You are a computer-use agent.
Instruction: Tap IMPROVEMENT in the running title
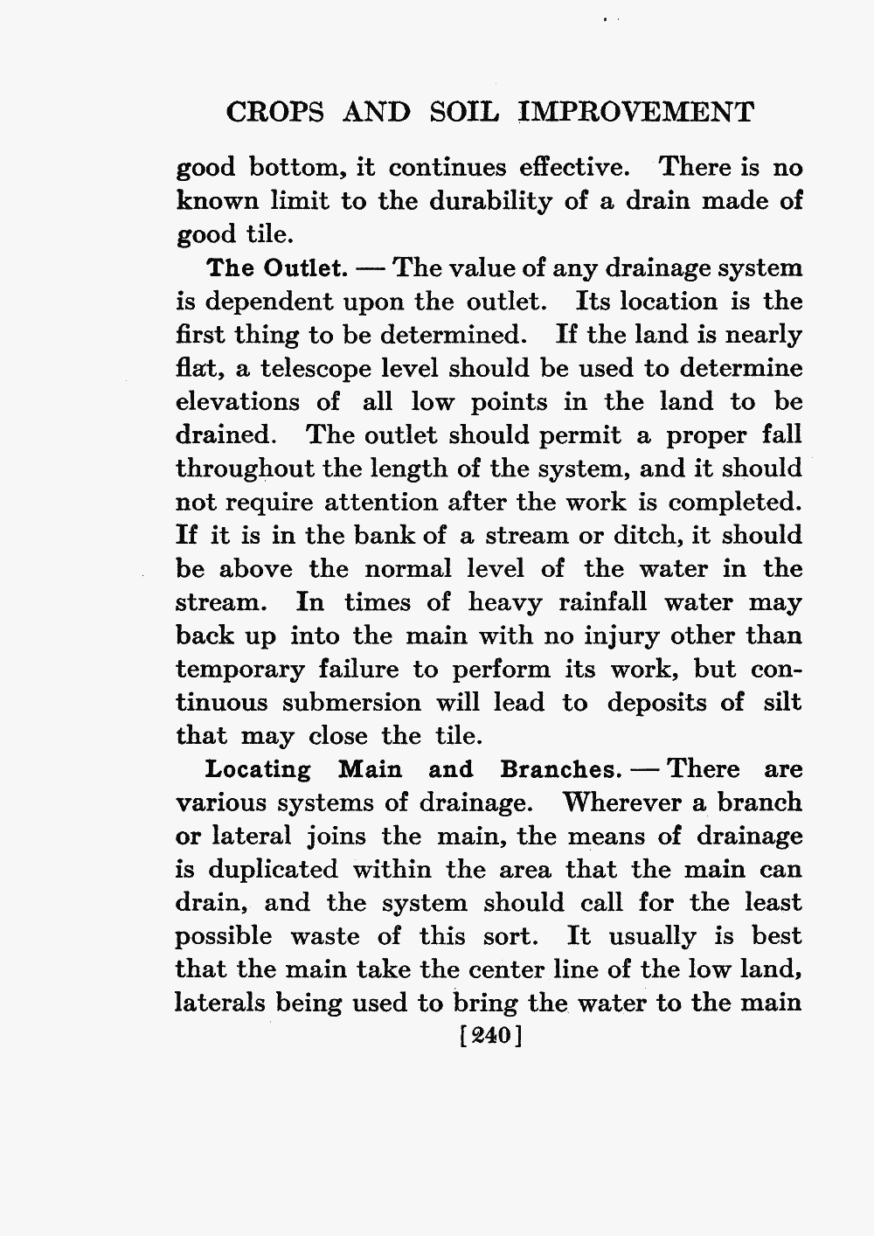pos(635,114)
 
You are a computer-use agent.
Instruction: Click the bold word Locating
pos(258,770)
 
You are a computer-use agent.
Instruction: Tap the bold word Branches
pos(557,770)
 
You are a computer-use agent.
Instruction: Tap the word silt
pos(782,703)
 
